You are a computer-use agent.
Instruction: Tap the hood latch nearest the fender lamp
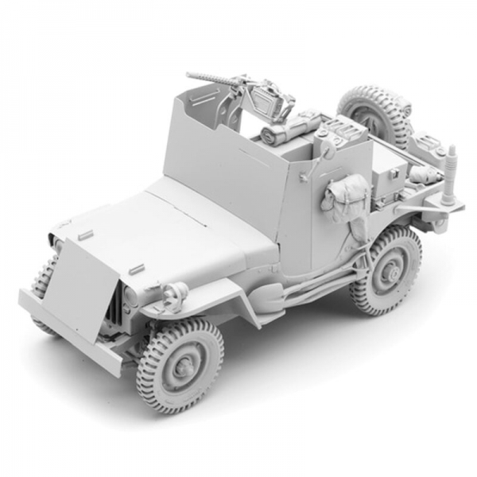click(136, 268)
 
